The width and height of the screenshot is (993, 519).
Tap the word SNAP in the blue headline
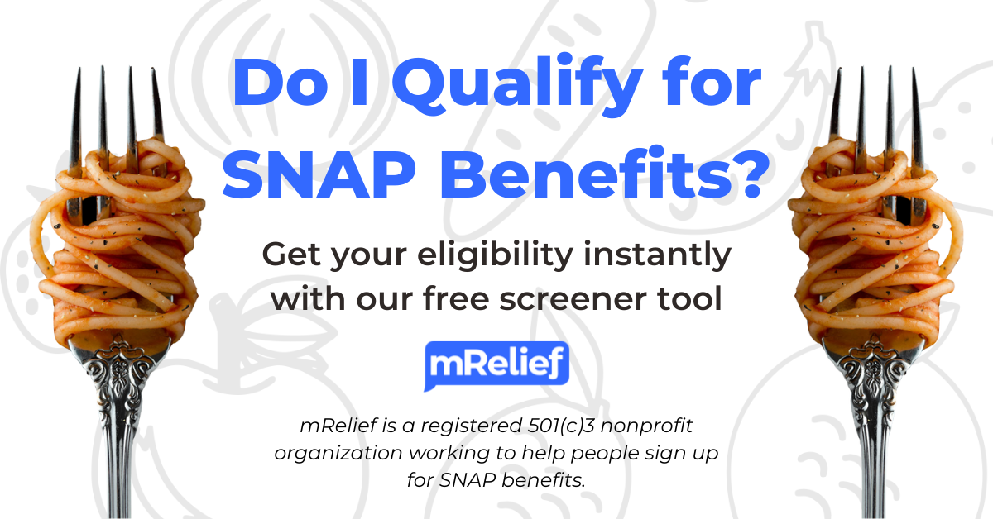pos(319,174)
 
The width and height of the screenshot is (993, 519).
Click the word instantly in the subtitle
pos(657,255)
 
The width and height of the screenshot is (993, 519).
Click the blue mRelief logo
pos(496,366)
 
